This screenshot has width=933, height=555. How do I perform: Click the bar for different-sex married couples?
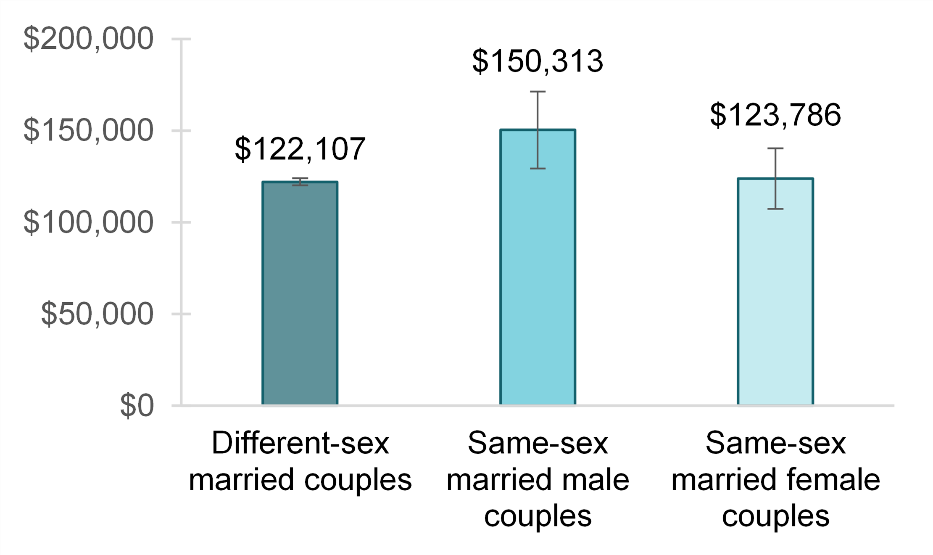(x=300, y=294)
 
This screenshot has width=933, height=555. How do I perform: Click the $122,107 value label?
(x=300, y=149)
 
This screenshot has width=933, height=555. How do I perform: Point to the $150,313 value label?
(x=538, y=61)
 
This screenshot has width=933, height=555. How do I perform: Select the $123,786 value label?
(x=775, y=115)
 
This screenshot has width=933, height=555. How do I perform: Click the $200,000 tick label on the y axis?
(x=88, y=39)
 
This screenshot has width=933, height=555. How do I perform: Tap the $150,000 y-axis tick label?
(x=88, y=130)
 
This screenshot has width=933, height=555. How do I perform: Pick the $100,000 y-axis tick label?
(x=88, y=222)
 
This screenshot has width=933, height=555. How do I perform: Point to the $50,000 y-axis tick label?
(x=97, y=314)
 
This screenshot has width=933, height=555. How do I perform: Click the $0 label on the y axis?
(x=137, y=406)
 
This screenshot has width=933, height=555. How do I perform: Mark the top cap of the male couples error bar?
(x=538, y=92)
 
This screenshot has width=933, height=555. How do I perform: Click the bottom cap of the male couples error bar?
(x=538, y=169)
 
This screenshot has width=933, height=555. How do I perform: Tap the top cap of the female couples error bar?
(x=775, y=148)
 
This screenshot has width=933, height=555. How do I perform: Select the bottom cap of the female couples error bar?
(x=775, y=209)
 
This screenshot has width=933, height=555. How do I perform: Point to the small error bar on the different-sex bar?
(x=300, y=182)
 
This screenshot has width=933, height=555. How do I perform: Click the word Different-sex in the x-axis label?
(x=300, y=443)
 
